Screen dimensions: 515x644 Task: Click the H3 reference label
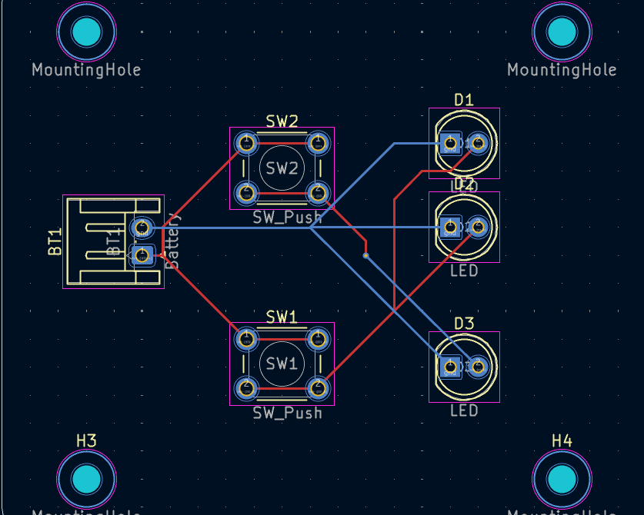86,440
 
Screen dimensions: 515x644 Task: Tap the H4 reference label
562,440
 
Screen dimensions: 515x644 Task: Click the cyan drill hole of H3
86,478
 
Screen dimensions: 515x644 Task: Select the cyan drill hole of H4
562,478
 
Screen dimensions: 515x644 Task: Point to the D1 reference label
464,99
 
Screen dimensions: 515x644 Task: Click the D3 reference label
464,324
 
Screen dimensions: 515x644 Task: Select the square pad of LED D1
450,143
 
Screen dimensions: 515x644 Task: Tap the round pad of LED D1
478,143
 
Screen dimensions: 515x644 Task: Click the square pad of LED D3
450,367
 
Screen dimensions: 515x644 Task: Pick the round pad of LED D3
478,367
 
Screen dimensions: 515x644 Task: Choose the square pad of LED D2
450,227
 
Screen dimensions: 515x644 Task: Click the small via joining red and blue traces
365,254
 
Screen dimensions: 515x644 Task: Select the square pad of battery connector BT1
141,254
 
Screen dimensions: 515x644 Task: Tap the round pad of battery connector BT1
141,228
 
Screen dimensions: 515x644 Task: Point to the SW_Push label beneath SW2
288,218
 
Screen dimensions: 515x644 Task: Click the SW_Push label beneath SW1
288,414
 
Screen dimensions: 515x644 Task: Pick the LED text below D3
464,410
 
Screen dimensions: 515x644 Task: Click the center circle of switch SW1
282,364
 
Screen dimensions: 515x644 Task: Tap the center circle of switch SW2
282,168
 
